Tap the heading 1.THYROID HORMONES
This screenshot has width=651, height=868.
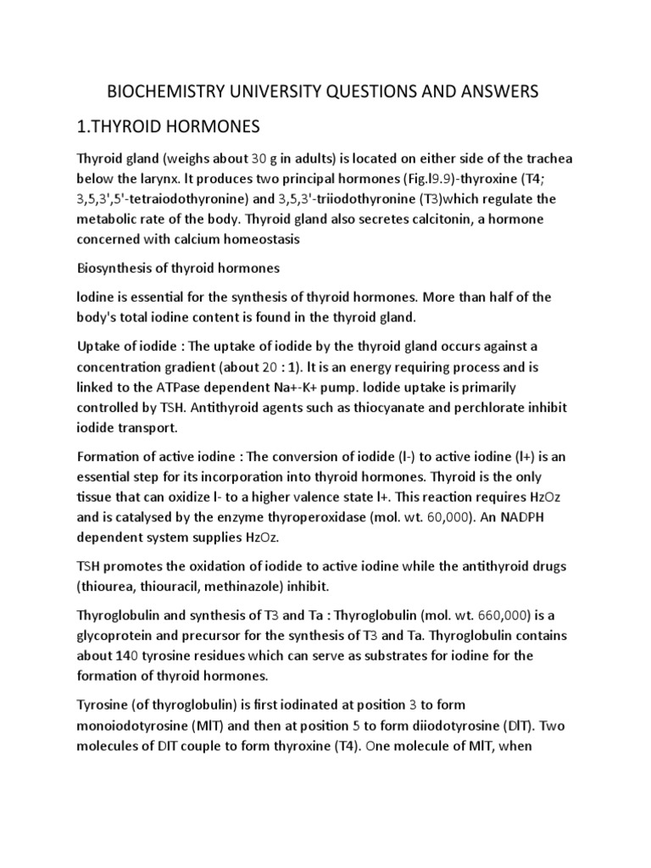173,126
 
